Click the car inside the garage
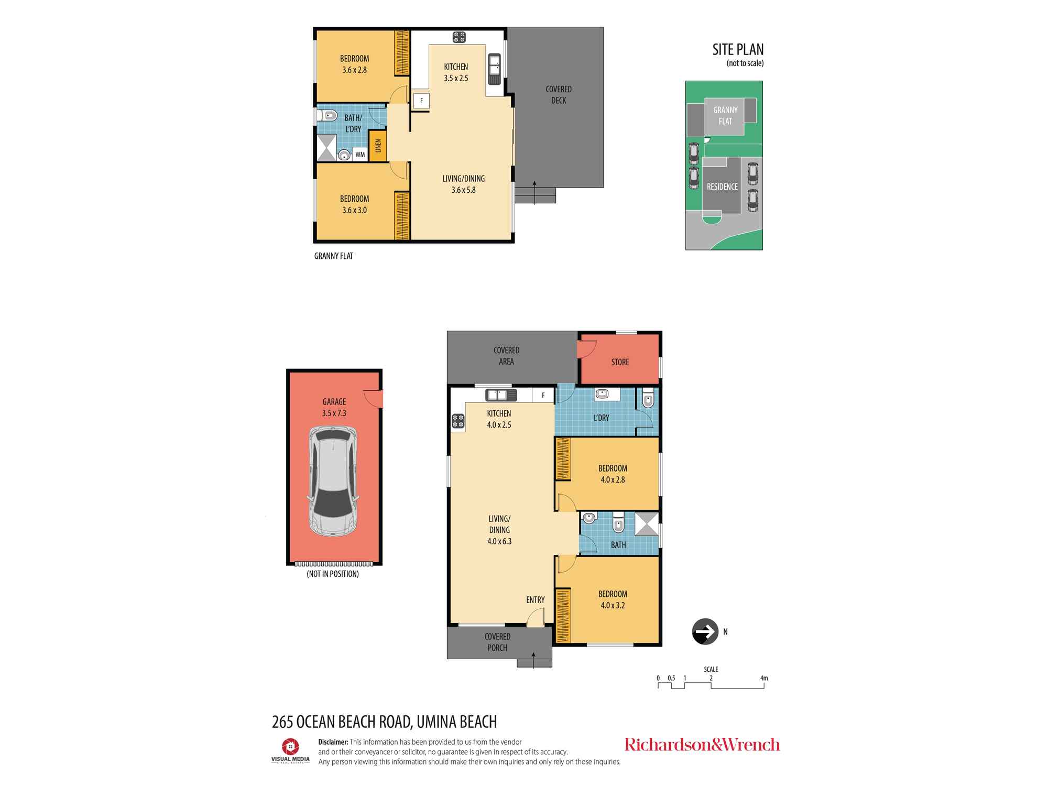(x=334, y=481)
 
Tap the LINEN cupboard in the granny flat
(x=378, y=146)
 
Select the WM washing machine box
(x=360, y=155)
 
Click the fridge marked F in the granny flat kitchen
(x=421, y=101)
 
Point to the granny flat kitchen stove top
(x=460, y=37)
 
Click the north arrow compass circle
(x=705, y=631)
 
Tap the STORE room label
(x=620, y=362)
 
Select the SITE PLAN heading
(x=738, y=49)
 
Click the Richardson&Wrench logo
(x=702, y=745)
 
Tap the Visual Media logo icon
(x=290, y=746)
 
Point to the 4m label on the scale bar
(x=764, y=678)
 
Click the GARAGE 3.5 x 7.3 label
(x=334, y=408)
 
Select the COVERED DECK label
(x=559, y=95)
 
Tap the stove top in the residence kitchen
(x=457, y=420)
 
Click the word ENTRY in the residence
(x=536, y=600)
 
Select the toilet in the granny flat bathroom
(x=329, y=115)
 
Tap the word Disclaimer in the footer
(x=333, y=742)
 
